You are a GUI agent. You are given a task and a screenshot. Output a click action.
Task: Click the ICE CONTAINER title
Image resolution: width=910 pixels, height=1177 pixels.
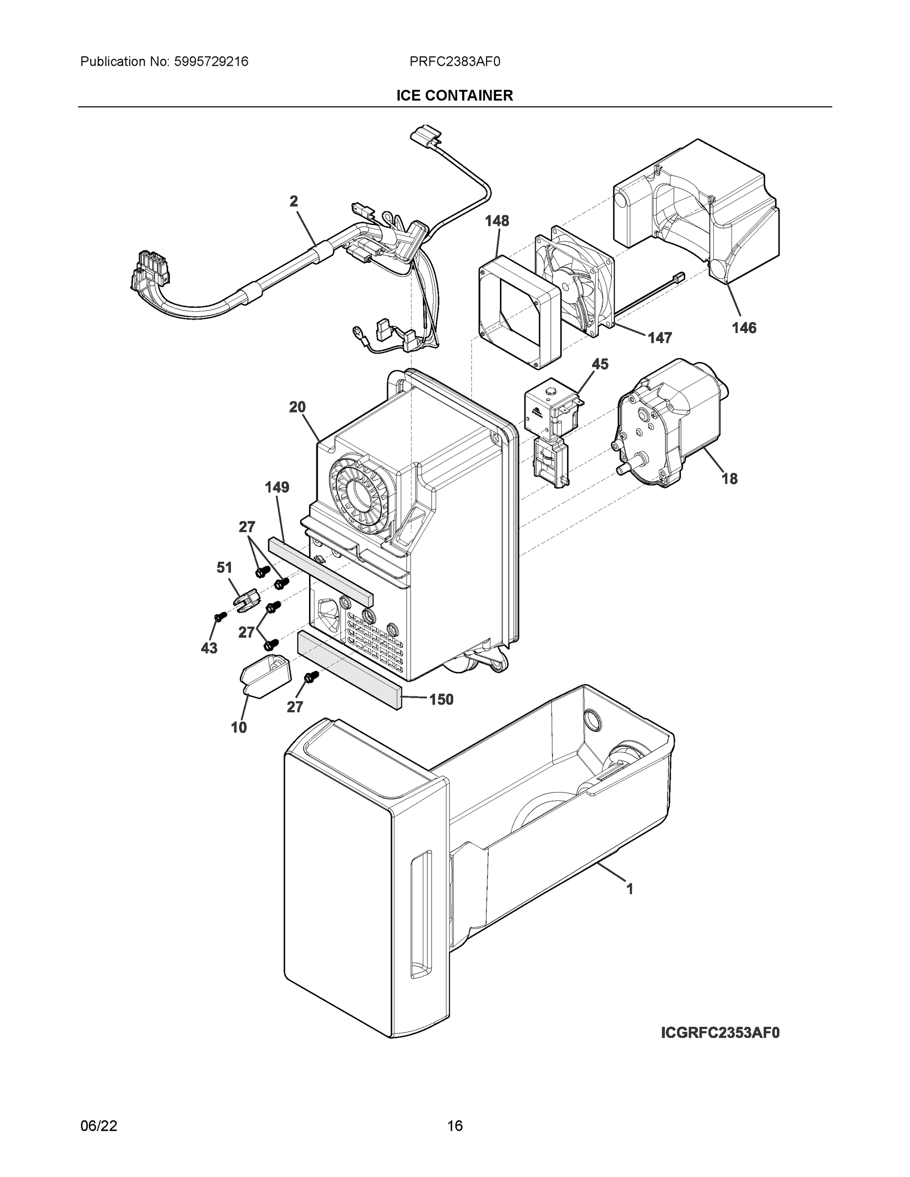454,96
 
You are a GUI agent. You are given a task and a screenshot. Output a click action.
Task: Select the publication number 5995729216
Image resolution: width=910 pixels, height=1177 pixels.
211,62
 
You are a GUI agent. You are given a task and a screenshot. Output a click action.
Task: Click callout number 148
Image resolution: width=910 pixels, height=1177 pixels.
496,221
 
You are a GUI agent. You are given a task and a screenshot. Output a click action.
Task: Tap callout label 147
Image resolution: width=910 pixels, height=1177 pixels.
660,338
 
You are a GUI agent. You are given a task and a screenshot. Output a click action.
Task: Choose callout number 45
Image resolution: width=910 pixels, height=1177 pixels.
599,364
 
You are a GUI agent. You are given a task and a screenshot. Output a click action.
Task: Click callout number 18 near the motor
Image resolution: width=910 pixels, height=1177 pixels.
729,479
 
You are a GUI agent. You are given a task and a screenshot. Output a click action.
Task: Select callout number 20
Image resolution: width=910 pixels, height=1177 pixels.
297,408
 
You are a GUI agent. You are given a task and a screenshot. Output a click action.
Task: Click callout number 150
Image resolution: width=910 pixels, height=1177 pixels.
441,699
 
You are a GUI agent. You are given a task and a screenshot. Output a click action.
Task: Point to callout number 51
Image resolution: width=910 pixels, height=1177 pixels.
224,567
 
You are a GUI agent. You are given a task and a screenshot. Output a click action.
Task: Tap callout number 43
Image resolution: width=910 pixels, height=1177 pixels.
209,648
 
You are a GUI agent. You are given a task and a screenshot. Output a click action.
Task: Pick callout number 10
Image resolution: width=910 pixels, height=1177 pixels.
239,728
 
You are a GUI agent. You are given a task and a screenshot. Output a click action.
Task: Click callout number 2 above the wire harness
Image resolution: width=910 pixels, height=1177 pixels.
293,202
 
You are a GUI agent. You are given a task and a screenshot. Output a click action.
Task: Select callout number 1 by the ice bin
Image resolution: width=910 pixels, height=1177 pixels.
629,889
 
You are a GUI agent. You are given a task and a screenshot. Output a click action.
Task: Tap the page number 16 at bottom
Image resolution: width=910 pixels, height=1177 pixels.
454,1126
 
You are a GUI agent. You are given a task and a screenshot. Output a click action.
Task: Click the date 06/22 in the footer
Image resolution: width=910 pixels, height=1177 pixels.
99,1126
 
